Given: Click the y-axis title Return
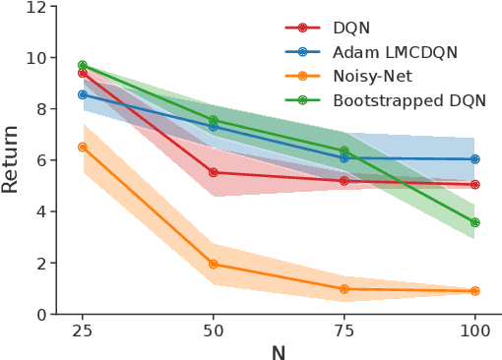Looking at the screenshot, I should pyautogui.click(x=12, y=160).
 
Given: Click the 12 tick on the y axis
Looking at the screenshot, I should pyautogui.click(x=36, y=7).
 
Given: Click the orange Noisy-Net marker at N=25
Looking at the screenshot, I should pyautogui.click(x=83, y=147).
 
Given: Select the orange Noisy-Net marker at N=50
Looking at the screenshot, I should pyautogui.click(x=214, y=264).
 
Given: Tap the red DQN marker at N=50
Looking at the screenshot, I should pyautogui.click(x=214, y=172).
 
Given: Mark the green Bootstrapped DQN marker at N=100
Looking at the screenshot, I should pyautogui.click(x=475, y=222).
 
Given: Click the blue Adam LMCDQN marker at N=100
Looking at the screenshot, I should pyautogui.click(x=475, y=158).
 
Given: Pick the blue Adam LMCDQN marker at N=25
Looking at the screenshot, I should pyautogui.click(x=83, y=94).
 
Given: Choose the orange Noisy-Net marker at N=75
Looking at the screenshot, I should pyautogui.click(x=345, y=289).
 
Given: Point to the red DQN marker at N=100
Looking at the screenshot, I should pyautogui.click(x=475, y=184).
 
